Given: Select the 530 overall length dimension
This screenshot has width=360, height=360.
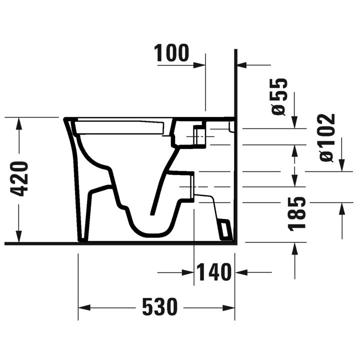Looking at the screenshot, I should [x=159, y=306].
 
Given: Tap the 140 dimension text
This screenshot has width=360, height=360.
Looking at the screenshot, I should [x=213, y=272].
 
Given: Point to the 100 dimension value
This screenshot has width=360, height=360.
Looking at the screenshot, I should [x=172, y=53].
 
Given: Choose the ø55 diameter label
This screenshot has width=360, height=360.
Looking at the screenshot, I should [x=279, y=96].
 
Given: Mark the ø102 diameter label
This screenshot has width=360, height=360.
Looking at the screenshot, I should [x=326, y=137].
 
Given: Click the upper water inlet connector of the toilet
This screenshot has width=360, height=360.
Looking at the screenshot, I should [x=199, y=134].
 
